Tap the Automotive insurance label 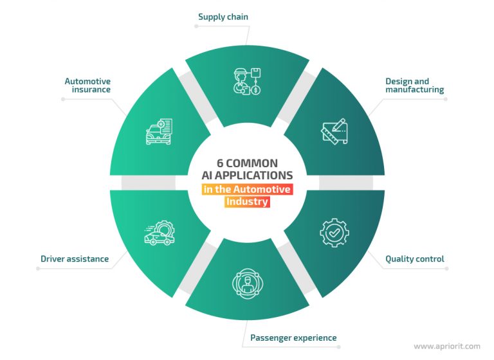click(87, 85)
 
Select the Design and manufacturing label click(414, 85)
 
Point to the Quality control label click(414, 259)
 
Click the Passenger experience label click(293, 337)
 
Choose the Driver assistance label click(75, 259)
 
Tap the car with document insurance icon click(159, 130)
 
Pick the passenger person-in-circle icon click(246, 282)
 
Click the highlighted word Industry click(247, 202)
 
